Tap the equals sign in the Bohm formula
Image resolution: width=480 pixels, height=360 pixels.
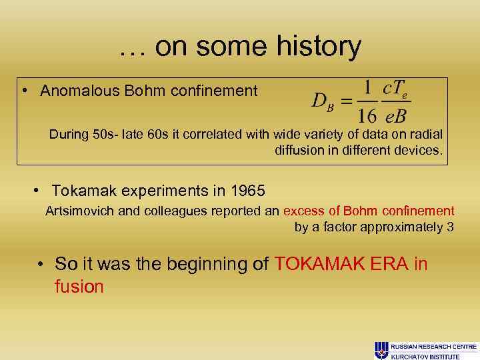click(346, 102)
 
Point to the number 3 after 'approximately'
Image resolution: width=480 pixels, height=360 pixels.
click(450, 227)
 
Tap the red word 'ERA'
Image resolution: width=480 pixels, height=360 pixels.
click(389, 264)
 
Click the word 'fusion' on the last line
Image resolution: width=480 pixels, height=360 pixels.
click(79, 287)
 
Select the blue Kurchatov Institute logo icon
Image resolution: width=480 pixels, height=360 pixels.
click(381, 350)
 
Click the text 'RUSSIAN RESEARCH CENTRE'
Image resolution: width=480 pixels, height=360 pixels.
click(433, 347)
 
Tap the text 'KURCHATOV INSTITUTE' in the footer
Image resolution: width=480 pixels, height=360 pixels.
click(425, 357)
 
